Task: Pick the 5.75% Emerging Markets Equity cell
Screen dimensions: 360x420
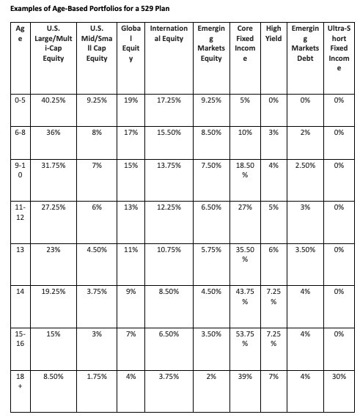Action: tap(211, 250)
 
